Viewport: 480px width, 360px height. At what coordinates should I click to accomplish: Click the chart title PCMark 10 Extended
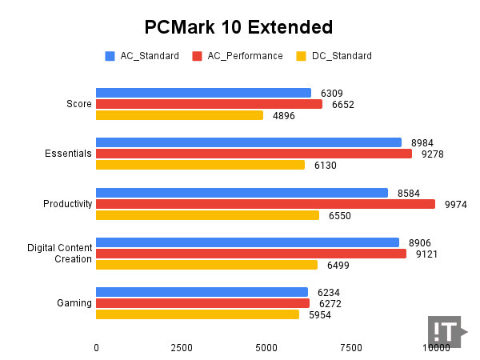(238, 28)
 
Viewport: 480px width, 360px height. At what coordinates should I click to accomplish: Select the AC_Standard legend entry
(142, 56)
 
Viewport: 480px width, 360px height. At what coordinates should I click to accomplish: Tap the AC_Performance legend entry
(238, 56)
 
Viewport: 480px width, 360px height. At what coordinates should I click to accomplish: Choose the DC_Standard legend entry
(334, 56)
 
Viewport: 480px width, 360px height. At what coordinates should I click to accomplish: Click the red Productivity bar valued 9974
(266, 204)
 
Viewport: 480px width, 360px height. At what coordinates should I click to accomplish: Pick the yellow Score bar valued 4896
(179, 115)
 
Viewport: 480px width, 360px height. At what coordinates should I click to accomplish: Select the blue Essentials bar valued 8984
(249, 142)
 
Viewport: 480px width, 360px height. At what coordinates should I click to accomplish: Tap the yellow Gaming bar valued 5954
(198, 314)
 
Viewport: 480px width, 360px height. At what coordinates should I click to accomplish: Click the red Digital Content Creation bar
(251, 254)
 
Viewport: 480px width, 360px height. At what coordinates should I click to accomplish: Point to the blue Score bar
(203, 93)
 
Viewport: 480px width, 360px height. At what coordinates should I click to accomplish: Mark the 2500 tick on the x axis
(182, 347)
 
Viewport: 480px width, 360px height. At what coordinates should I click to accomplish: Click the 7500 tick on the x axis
(350, 347)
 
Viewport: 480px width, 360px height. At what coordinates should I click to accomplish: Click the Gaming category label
(74, 303)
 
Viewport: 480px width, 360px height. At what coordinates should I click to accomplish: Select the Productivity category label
(68, 204)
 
